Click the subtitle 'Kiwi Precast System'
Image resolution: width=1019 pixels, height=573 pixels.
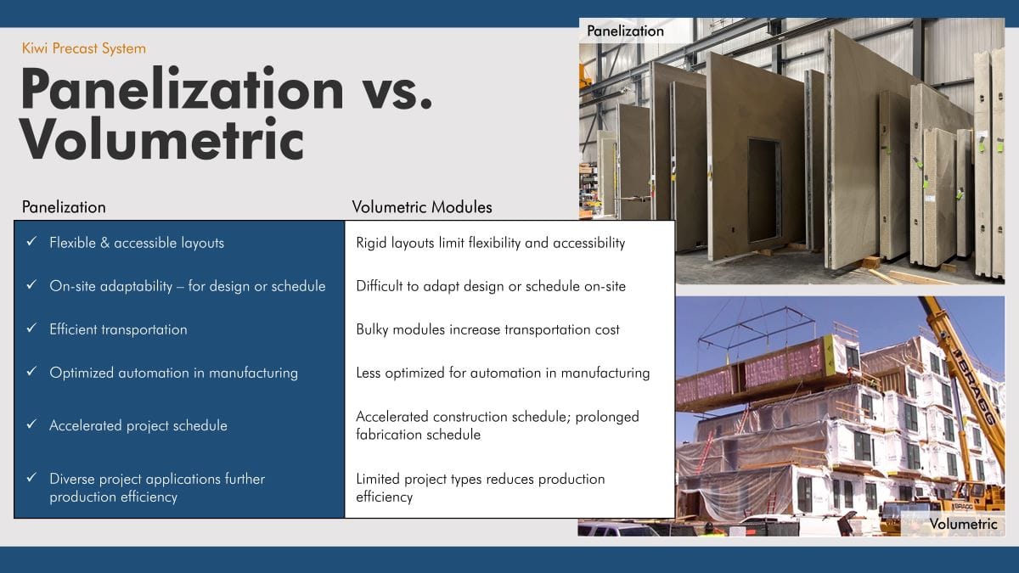(84, 48)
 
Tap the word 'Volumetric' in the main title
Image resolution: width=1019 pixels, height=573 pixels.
(161, 138)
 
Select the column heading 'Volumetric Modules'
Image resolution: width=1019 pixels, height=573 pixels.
(422, 207)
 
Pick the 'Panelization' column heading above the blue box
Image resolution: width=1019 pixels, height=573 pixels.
(64, 207)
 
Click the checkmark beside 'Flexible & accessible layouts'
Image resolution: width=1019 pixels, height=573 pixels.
(31, 241)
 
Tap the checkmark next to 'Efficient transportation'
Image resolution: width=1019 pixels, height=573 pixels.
(31, 328)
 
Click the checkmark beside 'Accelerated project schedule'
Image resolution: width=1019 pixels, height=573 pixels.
(31, 424)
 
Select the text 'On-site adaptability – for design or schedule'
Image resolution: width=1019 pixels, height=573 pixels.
(188, 286)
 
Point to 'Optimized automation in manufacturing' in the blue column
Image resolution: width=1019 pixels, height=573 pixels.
(174, 373)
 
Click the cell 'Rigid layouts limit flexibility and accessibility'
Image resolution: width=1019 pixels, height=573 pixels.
(491, 243)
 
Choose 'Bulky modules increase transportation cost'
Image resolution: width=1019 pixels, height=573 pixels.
(487, 329)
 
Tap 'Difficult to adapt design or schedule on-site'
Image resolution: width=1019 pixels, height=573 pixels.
(491, 286)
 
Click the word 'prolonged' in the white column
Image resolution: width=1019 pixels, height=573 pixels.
(607, 417)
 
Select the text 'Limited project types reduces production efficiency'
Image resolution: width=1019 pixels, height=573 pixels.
(481, 487)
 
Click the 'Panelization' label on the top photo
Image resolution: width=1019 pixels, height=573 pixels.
(625, 31)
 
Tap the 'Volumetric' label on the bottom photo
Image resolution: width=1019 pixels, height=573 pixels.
(964, 524)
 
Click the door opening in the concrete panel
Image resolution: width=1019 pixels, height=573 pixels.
(765, 190)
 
